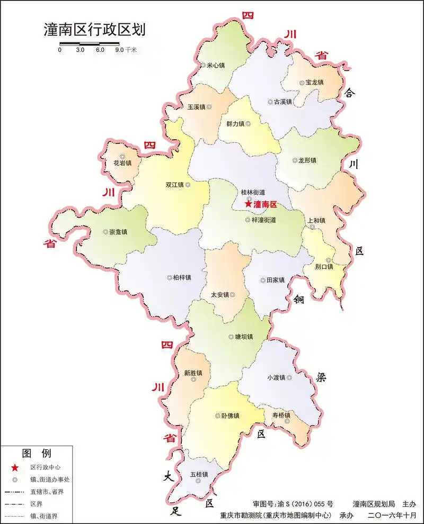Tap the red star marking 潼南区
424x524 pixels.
(x=248, y=204)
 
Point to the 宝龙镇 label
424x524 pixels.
(x=314, y=83)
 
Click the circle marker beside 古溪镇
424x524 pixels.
(x=270, y=102)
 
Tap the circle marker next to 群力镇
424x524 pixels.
(x=248, y=124)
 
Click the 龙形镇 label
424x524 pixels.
(x=307, y=160)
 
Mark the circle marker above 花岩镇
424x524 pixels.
(x=122, y=156)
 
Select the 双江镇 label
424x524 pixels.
(x=174, y=185)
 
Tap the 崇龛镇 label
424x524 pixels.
(x=118, y=232)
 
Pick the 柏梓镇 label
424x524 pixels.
(x=182, y=277)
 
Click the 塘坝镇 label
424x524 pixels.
(x=244, y=337)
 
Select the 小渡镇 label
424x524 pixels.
(x=276, y=377)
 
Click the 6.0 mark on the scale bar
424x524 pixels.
(x=100, y=50)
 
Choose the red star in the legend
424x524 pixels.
(x=15, y=467)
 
